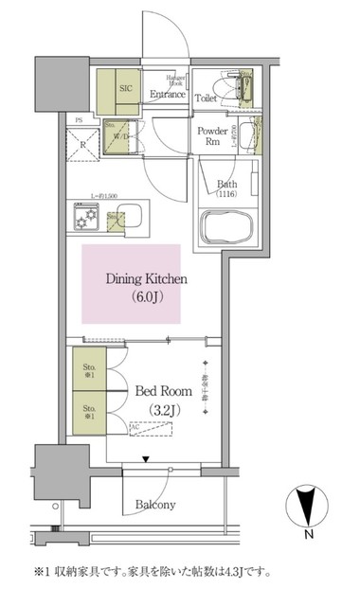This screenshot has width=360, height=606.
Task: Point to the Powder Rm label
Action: click(209, 136)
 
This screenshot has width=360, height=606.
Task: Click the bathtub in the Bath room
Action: click(226, 226)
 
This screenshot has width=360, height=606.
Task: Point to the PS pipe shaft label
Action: click(79, 120)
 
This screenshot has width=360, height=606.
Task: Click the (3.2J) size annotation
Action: click(163, 409)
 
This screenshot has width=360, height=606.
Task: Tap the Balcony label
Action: click(154, 505)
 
